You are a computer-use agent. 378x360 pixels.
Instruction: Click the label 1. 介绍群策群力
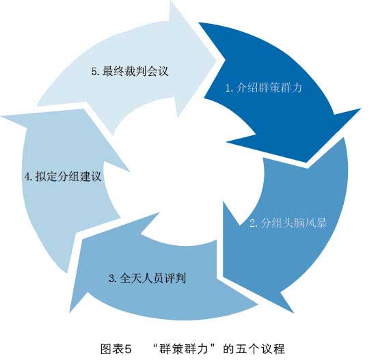click(263, 87)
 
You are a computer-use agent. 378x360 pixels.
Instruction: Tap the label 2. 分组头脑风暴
click(288, 223)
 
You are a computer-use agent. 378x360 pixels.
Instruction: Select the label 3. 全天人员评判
click(147, 278)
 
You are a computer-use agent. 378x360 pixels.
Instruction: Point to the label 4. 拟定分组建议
click(63, 176)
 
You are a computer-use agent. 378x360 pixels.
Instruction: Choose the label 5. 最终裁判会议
click(130, 71)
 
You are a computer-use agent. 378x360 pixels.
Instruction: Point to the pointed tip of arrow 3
click(70, 312)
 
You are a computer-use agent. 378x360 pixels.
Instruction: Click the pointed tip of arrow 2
click(293, 312)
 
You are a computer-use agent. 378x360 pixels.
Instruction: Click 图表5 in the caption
click(116, 348)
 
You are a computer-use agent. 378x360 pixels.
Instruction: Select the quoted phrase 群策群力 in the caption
click(183, 348)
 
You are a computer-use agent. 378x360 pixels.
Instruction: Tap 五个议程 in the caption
click(260, 348)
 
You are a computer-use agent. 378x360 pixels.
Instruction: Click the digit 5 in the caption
click(128, 348)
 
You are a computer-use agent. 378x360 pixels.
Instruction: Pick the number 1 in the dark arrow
click(228, 88)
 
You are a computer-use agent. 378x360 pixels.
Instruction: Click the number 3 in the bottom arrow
click(111, 279)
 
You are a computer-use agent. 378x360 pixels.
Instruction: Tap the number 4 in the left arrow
click(27, 177)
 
